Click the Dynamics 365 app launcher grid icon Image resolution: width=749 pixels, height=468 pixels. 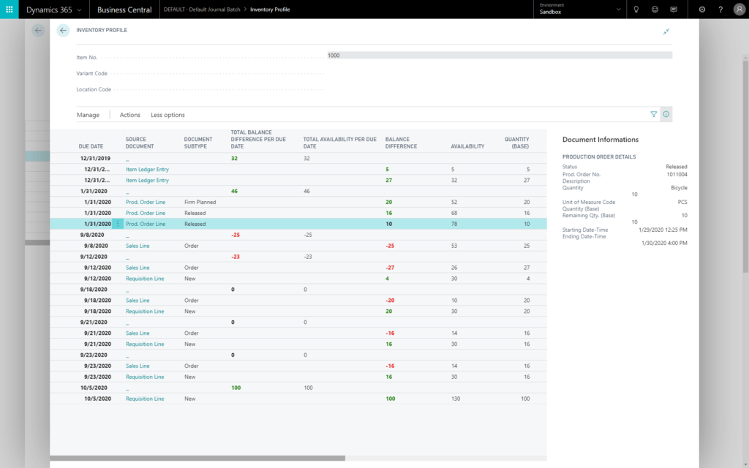coord(10,10)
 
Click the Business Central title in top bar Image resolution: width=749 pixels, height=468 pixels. coord(125,10)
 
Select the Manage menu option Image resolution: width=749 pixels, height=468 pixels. coord(88,115)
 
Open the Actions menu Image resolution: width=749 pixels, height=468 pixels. coord(130,115)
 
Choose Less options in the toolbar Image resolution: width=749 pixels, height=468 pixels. coord(168,115)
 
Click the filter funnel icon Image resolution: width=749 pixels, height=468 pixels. coord(654,115)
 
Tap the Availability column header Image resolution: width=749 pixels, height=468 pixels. coord(467,146)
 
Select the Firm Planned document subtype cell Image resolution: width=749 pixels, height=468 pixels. coord(200,202)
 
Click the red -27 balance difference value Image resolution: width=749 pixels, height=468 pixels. coord(390,268)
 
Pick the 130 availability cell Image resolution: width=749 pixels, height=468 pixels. coord(456,399)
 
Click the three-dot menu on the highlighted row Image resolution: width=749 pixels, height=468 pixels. coord(118,224)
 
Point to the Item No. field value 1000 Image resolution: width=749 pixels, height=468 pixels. coord(334,56)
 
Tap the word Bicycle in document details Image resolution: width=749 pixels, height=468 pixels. coord(679,188)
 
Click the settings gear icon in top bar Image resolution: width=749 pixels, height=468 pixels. coord(702,10)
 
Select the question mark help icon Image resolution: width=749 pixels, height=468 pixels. coord(720,10)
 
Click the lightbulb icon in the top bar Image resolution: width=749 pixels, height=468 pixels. coord(636,10)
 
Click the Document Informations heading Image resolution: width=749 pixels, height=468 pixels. coord(600,140)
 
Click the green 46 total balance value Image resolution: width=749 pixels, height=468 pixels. coord(234,191)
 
